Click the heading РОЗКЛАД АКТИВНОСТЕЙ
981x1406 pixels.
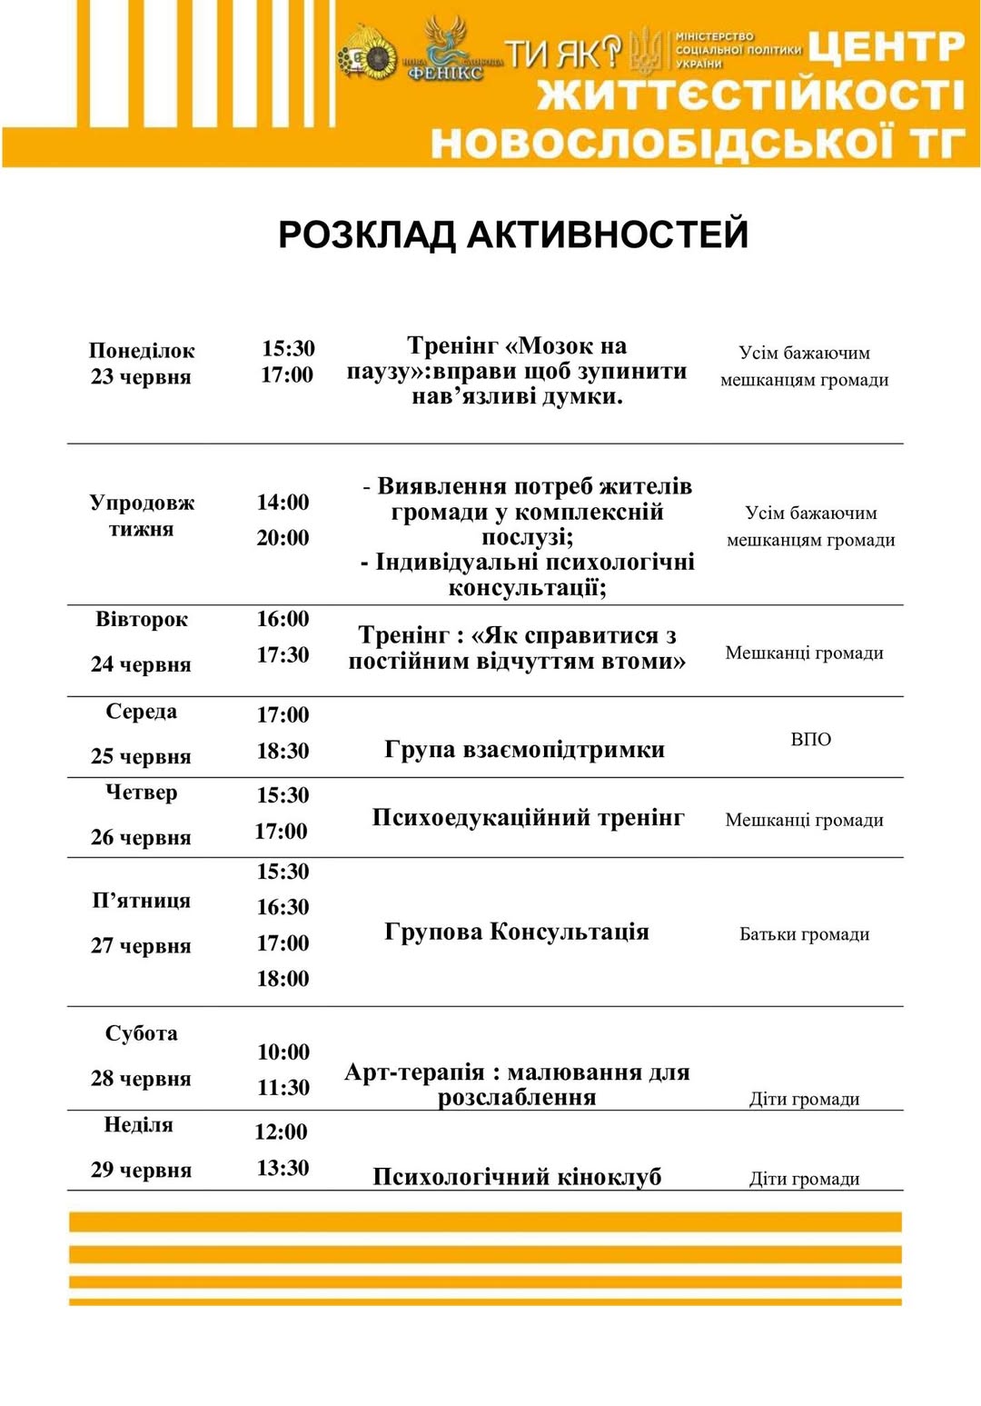coord(513,234)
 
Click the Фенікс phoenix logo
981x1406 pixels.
coord(446,50)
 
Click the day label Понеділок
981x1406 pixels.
coord(142,351)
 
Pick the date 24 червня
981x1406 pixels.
coord(141,664)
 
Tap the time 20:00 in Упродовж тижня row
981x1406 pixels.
coord(282,538)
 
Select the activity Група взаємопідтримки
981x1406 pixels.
coord(524,750)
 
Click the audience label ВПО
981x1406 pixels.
coord(810,740)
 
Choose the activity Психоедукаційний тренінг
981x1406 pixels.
coord(528,818)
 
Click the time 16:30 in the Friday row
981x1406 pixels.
coord(282,907)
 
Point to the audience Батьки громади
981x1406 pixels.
coord(804,934)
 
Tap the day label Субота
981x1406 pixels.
coord(141,1033)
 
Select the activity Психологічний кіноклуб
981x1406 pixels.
coord(517,1177)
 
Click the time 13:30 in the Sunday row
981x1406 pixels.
coord(282,1168)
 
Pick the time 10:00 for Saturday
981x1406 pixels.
coord(283,1052)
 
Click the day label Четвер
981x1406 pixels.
coord(141,793)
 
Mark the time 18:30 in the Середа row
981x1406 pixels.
coord(282,751)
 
